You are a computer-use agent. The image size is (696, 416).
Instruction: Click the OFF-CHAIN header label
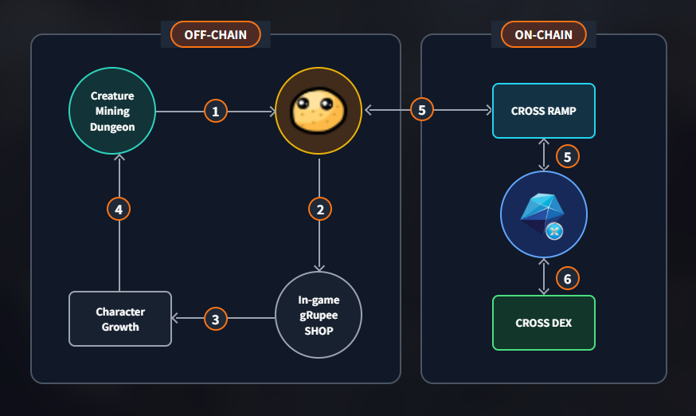click(x=215, y=34)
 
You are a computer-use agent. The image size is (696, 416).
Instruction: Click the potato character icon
click(x=319, y=111)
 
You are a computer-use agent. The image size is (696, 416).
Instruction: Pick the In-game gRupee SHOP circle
click(x=319, y=315)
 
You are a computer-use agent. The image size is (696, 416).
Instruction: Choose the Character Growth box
click(x=119, y=318)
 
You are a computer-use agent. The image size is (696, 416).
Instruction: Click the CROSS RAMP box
click(x=543, y=111)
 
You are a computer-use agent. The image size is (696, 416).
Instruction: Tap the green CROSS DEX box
click(x=543, y=323)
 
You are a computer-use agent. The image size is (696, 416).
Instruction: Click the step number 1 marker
click(x=215, y=111)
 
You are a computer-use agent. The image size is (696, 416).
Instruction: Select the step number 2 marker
click(x=319, y=210)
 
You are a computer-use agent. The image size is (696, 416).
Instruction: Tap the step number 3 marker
click(x=215, y=319)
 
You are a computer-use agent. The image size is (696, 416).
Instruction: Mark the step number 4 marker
click(x=119, y=210)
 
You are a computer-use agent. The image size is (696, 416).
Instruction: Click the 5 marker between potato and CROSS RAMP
click(x=422, y=111)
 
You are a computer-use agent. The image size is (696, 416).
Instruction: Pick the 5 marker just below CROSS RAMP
click(x=567, y=156)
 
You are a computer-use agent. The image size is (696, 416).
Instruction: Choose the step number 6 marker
click(x=567, y=278)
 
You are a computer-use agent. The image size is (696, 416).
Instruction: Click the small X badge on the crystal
click(x=555, y=231)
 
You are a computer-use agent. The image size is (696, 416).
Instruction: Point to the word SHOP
click(x=319, y=329)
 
